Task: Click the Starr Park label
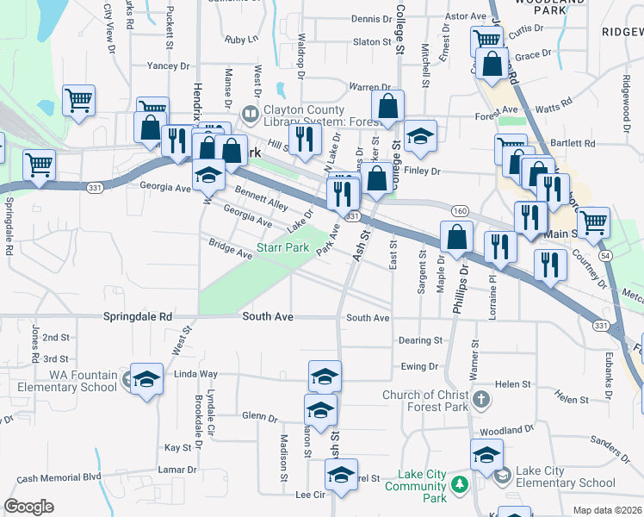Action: click(285, 247)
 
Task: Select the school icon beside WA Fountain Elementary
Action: click(146, 379)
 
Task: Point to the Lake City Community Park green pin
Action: click(461, 485)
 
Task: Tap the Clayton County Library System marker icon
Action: click(250, 113)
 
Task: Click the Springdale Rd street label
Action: click(138, 317)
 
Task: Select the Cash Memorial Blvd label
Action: click(59, 477)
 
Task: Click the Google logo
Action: click(29, 507)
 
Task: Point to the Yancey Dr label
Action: click(168, 65)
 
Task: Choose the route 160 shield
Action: click(460, 210)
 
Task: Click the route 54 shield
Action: click(606, 257)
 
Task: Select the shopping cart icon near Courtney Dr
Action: click(593, 222)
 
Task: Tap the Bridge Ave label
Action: click(230, 249)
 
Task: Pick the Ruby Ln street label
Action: click(241, 40)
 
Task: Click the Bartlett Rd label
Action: click(574, 143)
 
